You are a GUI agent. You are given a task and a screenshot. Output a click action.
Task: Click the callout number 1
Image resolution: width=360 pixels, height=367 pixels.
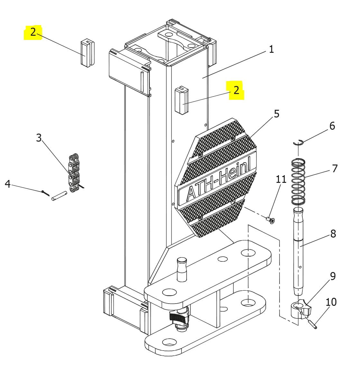pos(271,49)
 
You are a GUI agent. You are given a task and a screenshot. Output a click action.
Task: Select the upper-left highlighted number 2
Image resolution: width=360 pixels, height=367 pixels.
pos(33,32)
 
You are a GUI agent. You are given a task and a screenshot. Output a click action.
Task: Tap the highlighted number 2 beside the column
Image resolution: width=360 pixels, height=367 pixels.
pos(236,90)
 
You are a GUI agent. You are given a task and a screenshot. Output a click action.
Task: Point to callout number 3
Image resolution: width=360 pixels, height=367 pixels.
pos(39,138)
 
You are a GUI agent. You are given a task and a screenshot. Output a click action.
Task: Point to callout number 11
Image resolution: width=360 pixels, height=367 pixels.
pos(281,179)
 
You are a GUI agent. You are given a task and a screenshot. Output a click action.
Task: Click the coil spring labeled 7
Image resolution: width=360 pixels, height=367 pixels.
pos(298,182)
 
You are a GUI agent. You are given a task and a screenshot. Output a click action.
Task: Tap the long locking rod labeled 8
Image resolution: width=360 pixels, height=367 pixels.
pos(299,251)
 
